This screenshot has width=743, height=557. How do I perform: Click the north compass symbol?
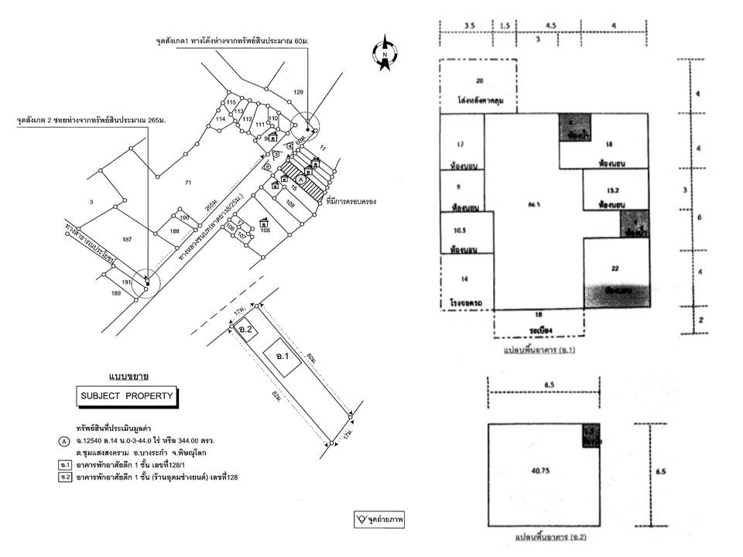[385, 53]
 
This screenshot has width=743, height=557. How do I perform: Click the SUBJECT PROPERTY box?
[125, 398]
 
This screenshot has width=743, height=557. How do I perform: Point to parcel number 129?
[299, 93]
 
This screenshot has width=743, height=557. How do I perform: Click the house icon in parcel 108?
[264, 221]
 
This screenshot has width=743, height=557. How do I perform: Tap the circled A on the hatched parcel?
[302, 178]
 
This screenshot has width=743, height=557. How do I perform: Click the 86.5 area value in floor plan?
[532, 206]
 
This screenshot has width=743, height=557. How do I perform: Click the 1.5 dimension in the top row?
[504, 26]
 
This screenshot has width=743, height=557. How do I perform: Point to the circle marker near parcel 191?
[146, 282]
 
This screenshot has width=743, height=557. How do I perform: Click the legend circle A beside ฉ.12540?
[63, 441]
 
